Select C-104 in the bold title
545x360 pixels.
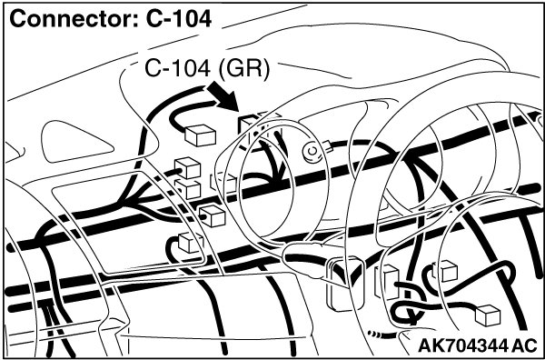point(179,18)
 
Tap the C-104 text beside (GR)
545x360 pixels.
point(177,68)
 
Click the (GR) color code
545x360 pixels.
point(243,69)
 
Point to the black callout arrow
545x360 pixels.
point(223,96)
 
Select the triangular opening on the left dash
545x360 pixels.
point(75,142)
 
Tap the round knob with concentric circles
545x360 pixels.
point(313,152)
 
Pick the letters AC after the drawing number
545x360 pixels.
point(526,345)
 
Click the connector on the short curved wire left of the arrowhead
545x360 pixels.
point(200,135)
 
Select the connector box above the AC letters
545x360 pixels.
point(488,315)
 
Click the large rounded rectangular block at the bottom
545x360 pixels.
point(342,284)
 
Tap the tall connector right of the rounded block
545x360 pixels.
point(387,282)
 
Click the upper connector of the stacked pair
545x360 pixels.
point(188,167)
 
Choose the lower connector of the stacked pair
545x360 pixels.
point(188,189)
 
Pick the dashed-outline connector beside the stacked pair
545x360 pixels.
point(223,182)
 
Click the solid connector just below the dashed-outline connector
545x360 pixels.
point(212,215)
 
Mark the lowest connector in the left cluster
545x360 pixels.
point(191,242)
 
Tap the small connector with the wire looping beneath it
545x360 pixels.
point(445,271)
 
